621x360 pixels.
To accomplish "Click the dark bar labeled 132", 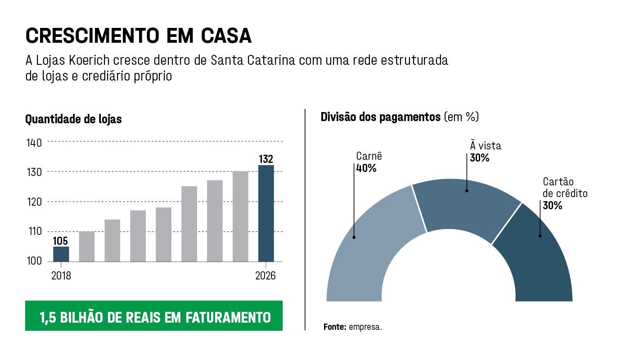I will tap(266, 213).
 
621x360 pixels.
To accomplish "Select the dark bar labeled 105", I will tap(61, 254).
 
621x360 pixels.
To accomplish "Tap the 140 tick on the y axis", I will tap(35, 143).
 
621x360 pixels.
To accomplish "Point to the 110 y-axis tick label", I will tap(35, 232).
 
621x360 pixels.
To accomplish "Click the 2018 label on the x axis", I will tap(61, 276).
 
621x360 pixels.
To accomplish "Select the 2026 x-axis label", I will tap(266, 276).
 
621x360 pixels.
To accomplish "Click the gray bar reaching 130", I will tap(240, 216).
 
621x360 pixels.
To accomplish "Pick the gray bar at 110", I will tap(87, 246).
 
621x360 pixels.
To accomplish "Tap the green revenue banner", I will tap(154, 316).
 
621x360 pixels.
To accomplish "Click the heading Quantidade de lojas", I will tap(73, 120).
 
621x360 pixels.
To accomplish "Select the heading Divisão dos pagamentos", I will tap(381, 117).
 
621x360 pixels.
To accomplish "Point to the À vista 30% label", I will tap(485, 152).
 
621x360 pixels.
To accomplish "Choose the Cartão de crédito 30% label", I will tap(565, 193).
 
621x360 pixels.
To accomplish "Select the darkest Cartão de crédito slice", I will tap(538, 256).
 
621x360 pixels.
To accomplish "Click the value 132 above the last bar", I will tap(266, 159).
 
